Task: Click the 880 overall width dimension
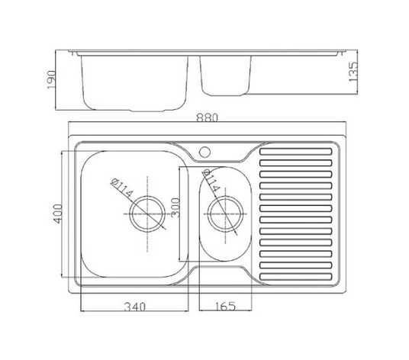(207, 117)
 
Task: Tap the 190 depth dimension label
(51, 79)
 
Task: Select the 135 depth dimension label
(353, 72)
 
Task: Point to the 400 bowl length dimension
(58, 214)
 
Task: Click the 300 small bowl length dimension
(176, 207)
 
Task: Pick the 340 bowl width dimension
(135, 307)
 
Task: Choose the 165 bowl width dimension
(225, 307)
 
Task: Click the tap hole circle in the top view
(204, 152)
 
